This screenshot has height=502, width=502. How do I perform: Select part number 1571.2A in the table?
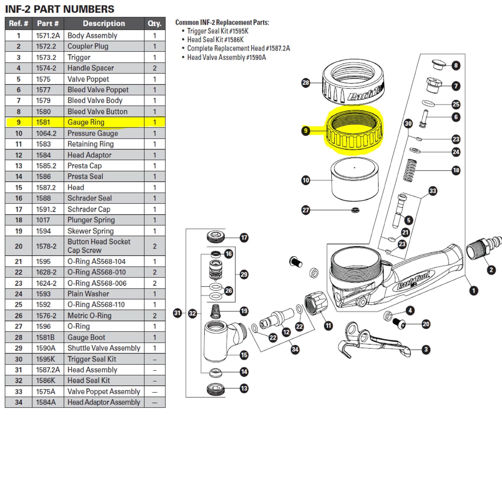[x=48, y=36]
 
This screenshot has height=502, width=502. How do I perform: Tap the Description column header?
[x=104, y=23]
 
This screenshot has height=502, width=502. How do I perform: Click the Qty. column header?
[x=155, y=23]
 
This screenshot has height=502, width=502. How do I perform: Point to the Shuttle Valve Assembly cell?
[x=104, y=348]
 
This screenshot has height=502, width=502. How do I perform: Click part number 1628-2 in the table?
[x=46, y=272]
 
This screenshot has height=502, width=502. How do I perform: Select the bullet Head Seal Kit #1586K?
[x=215, y=40]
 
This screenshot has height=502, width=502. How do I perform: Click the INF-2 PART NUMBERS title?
[x=60, y=9]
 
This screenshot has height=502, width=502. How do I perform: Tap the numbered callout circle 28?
[x=305, y=83]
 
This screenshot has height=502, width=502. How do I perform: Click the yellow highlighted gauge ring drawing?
[x=354, y=130]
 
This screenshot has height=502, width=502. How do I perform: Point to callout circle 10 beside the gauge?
[x=305, y=180]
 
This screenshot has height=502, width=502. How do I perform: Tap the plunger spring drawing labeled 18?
[x=410, y=170]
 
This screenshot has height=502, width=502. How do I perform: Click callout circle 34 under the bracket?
[x=295, y=349]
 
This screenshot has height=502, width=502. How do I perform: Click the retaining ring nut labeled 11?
[x=316, y=302]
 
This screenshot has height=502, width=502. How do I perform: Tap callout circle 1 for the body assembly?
[x=474, y=290]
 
